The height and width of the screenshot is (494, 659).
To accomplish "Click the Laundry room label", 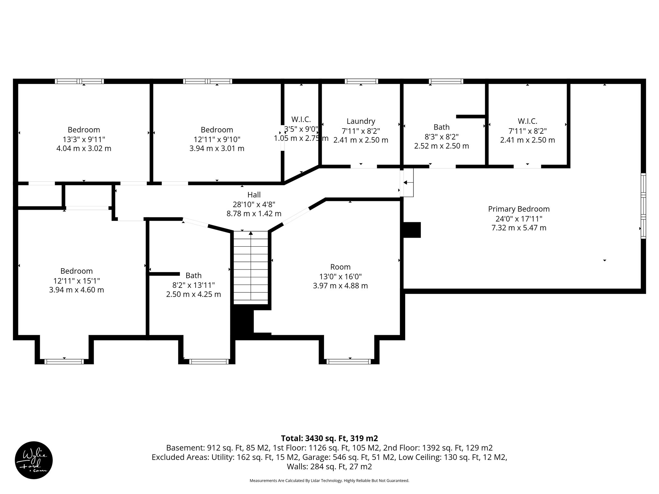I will [x=361, y=121].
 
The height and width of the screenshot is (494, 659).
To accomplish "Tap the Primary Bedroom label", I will [x=519, y=209].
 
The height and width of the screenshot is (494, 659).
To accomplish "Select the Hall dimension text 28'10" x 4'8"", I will [x=254, y=204].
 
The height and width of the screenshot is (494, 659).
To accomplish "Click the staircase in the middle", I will [x=251, y=267].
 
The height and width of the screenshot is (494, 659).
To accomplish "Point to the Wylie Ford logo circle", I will [x=34, y=460].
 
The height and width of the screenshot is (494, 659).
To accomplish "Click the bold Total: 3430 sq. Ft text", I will [x=329, y=438].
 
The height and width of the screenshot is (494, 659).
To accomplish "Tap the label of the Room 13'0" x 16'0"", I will [x=340, y=267].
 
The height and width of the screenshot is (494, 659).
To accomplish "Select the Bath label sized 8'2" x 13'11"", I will [x=193, y=276].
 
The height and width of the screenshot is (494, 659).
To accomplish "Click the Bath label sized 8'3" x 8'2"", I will [x=441, y=127].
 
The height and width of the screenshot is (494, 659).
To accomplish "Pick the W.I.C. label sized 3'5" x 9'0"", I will [x=301, y=119].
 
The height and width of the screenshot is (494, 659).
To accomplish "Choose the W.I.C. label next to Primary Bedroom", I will [x=527, y=121].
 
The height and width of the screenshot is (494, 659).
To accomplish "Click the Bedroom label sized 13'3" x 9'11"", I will [x=84, y=130].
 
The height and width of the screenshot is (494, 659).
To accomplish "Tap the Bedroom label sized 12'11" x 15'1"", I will [x=77, y=271].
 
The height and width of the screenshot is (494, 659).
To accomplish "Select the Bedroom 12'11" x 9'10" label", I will [x=217, y=130].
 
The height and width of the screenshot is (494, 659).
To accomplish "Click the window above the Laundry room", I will [x=361, y=81].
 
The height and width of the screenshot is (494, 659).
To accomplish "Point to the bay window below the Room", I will [x=348, y=361].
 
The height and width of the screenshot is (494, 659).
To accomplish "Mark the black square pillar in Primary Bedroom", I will [x=412, y=230].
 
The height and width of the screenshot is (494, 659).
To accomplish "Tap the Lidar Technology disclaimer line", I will [x=329, y=480].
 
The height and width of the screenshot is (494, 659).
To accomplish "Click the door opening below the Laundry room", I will [x=364, y=167].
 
